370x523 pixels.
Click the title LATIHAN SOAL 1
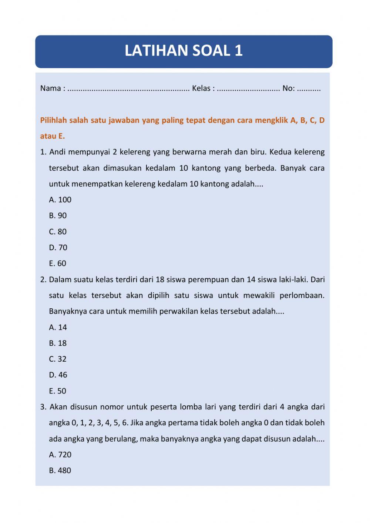click(x=184, y=51)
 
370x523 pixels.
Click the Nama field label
click(x=50, y=88)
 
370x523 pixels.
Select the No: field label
click(x=288, y=88)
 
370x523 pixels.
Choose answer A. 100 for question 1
click(x=60, y=200)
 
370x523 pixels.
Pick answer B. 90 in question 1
click(x=58, y=216)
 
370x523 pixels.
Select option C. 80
click(x=58, y=232)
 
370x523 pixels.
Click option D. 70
click(x=58, y=248)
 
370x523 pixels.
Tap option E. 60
click(x=57, y=264)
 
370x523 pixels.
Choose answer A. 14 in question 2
click(x=58, y=327)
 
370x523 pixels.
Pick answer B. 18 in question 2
click(x=58, y=343)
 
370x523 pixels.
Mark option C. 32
click(x=58, y=359)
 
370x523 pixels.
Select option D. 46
click(x=58, y=375)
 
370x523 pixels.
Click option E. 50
click(x=57, y=391)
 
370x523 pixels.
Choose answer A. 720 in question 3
click(x=60, y=455)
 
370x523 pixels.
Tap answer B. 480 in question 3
click(x=60, y=470)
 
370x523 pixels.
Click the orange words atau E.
click(x=52, y=136)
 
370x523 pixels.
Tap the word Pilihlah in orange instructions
click(x=53, y=120)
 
